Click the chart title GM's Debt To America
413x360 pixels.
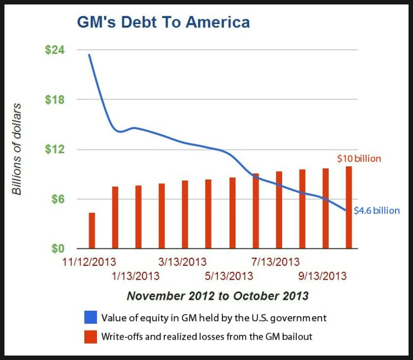(163, 22)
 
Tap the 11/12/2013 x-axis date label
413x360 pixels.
(89, 262)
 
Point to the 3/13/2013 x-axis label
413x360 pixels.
(182, 262)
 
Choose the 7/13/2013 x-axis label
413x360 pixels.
(276, 262)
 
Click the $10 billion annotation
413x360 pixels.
(359, 159)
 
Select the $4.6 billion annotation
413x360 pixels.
(377, 210)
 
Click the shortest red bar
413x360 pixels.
(92, 230)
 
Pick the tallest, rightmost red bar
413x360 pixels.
(348, 207)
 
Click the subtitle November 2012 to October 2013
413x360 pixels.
(217, 296)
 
